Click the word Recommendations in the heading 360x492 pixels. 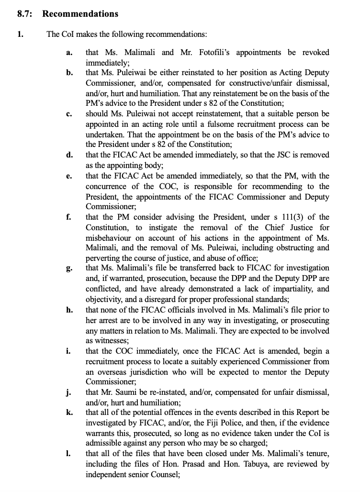pos(80,14)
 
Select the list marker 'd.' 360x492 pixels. pos(69,155)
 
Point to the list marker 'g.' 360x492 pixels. pos(69,268)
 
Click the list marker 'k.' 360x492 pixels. pos(69,413)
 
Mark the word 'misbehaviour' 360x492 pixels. pos(108,237)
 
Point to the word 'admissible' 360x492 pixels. pos(107,444)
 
